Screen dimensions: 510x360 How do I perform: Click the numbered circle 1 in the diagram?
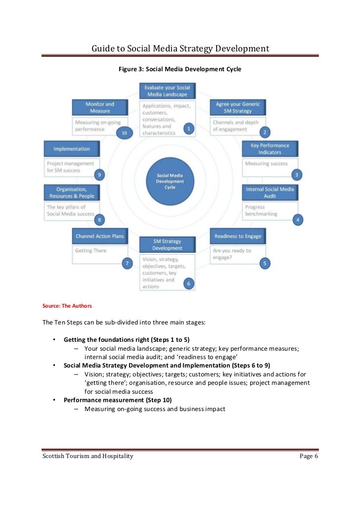pos(187,129)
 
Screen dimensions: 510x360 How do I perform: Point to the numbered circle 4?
pos(297,219)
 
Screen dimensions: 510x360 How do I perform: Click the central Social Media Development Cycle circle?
pos(170,182)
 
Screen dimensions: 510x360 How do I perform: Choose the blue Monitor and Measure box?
pos(100,107)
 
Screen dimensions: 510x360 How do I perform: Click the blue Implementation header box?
pos(72,149)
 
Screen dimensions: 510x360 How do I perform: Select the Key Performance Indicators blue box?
pos(270,149)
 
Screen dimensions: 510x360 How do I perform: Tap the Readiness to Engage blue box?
pos(238,236)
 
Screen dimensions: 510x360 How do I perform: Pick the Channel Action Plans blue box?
pos(100,236)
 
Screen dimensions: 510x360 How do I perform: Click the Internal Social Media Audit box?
pos(270,192)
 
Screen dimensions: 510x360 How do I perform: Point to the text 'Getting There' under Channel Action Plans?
pos(90,251)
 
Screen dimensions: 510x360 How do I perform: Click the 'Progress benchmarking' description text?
pos(261,211)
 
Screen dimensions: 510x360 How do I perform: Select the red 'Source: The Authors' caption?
pos(67,306)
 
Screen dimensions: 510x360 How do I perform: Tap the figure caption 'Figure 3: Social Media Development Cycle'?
pos(180,69)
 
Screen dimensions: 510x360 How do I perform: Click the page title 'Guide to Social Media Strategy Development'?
pos(180,48)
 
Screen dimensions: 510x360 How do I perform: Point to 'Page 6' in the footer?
pos(309,456)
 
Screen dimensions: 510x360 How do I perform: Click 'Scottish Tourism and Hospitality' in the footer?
pos(88,456)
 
